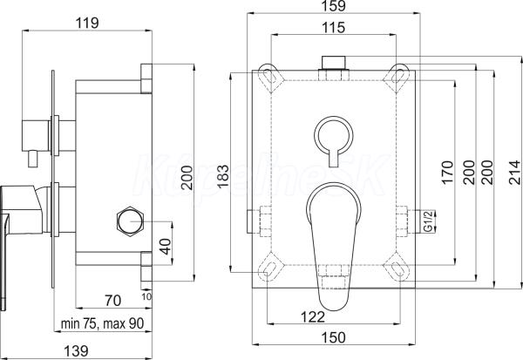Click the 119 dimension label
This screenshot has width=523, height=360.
click(87, 23)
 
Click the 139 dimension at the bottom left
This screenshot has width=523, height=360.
click(76, 351)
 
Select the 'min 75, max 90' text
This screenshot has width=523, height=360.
click(102, 323)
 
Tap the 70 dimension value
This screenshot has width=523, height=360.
click(112, 301)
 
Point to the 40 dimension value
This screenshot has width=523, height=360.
click(165, 246)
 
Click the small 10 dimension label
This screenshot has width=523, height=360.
click(146, 296)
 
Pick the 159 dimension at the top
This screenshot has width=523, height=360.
click(334, 6)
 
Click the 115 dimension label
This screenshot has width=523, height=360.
click(334, 27)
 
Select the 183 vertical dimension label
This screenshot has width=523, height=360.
click(223, 176)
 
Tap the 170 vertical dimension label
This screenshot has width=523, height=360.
click(447, 173)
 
